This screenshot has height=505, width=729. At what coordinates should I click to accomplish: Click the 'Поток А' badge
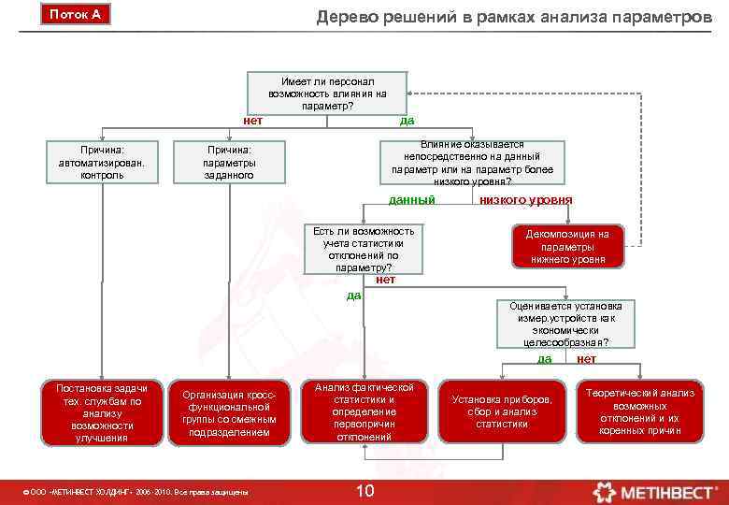(75, 15)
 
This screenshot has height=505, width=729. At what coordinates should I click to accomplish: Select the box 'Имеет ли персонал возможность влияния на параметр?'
(327, 93)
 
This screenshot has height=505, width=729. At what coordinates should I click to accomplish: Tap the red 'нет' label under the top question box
(252, 120)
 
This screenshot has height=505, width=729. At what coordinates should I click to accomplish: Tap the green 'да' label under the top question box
(407, 120)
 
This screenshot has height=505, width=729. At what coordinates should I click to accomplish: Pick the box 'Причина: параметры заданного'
(230, 162)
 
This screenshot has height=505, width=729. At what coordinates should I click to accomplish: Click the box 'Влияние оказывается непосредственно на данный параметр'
(472, 164)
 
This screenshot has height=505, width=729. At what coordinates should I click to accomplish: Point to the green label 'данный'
(411, 200)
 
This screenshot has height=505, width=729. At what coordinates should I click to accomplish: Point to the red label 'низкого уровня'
(525, 200)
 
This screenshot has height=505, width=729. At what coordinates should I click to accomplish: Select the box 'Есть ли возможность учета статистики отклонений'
(364, 249)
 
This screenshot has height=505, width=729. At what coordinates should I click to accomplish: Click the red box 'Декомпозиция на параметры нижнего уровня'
(567, 247)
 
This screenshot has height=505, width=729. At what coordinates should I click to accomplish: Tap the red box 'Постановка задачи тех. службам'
(95, 411)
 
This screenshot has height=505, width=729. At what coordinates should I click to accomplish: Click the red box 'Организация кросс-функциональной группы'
(230, 412)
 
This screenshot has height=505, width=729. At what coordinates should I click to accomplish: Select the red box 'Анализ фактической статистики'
(364, 411)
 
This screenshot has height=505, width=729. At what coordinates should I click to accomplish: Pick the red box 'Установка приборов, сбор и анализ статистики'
(502, 411)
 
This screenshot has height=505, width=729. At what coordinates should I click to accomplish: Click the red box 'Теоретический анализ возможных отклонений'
(640, 411)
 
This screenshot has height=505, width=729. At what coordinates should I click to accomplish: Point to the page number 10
(365, 491)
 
